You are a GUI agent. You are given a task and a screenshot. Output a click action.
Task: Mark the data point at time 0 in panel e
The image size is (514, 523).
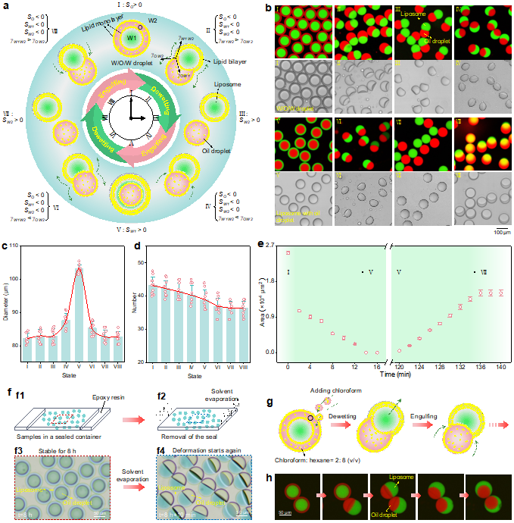(x=288, y=253)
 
